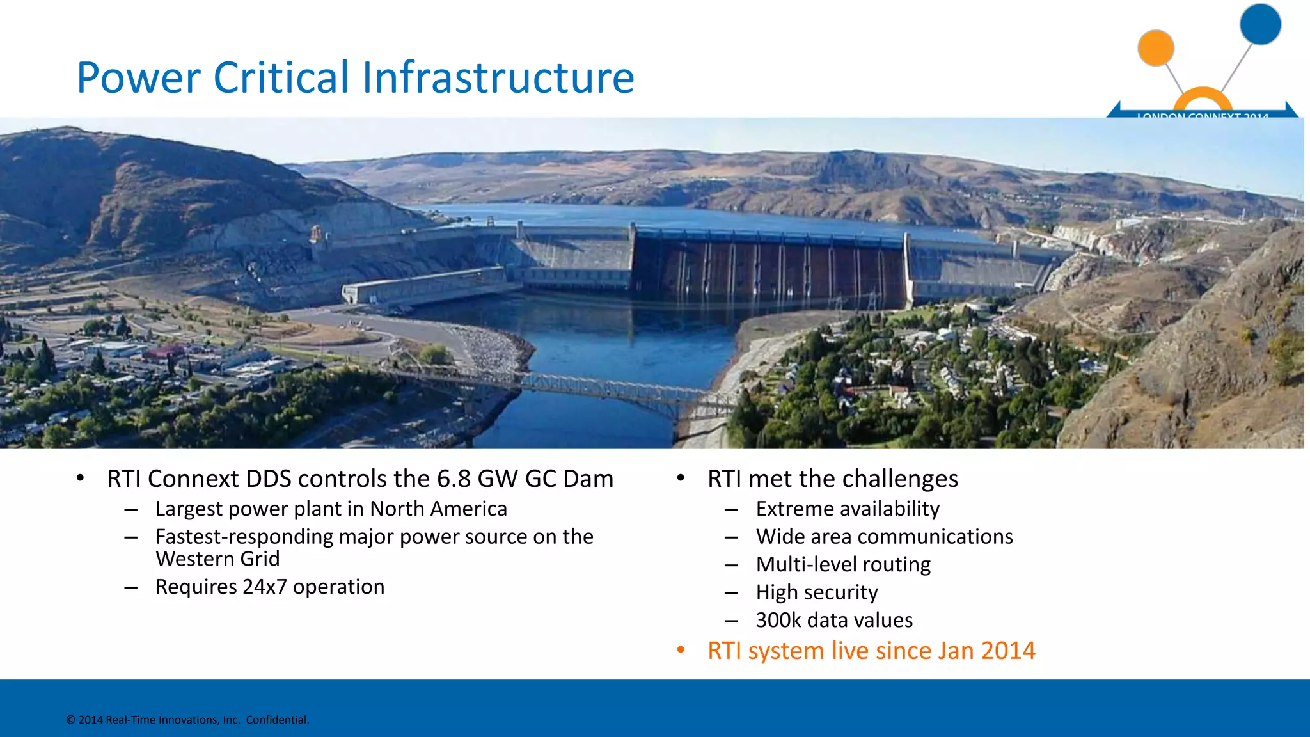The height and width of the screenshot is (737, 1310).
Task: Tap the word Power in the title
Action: tap(138, 77)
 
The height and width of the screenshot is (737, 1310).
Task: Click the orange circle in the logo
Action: tap(1155, 48)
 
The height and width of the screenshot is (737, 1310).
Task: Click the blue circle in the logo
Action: tap(1259, 24)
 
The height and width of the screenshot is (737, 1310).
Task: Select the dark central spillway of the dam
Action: tap(768, 269)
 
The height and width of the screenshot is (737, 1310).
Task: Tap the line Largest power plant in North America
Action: tap(331, 509)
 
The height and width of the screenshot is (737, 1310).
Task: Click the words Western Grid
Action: tap(217, 559)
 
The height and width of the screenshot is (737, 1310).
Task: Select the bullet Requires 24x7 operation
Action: tap(269, 587)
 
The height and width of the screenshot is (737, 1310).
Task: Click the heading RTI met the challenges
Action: tap(832, 479)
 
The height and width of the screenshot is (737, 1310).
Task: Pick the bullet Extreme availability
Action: tap(848, 509)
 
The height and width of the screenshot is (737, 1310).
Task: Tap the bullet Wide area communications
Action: tap(884, 537)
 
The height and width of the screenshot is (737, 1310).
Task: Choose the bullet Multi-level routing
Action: tap(843, 564)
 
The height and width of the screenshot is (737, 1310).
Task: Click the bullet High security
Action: tap(816, 592)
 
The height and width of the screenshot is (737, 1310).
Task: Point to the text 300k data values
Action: tap(834, 620)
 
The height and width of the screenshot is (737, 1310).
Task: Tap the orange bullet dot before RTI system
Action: tap(681, 651)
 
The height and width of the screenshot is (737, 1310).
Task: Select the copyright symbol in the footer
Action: tap(70, 720)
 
